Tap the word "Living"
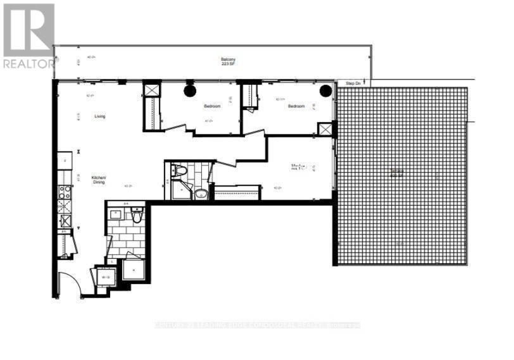(x=100, y=116)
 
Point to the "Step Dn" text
(x=353, y=84)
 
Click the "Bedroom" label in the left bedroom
(x=211, y=106)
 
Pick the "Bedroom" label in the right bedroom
(x=296, y=106)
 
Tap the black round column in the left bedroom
(x=190, y=90)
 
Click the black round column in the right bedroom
(x=325, y=90)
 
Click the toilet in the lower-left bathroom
(x=136, y=216)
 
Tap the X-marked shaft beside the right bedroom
(x=326, y=129)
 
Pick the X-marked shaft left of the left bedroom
(x=152, y=90)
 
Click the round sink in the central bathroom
(x=201, y=194)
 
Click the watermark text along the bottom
(x=257, y=325)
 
